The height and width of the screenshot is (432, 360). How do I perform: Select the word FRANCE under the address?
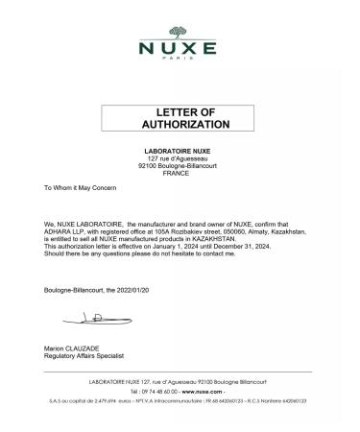(x=180, y=173)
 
